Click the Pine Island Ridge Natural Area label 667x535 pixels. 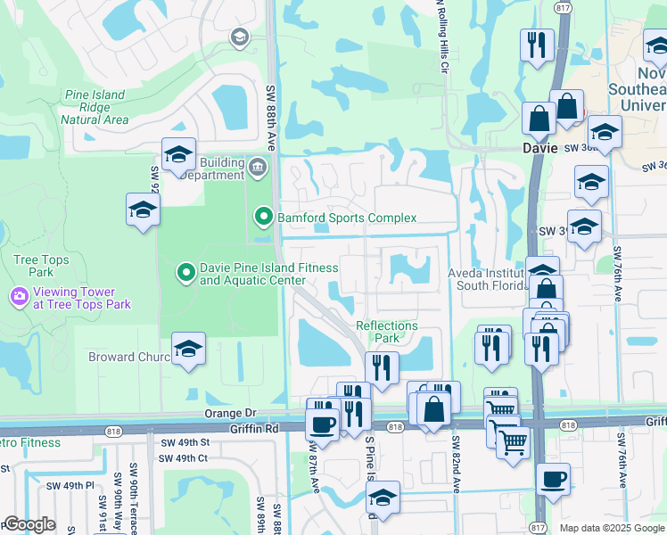pyautogui.click(x=96, y=107)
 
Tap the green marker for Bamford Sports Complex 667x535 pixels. pyautogui.click(x=263, y=217)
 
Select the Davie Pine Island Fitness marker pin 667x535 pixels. pyautogui.click(x=185, y=273)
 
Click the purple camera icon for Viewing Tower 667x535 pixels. pyautogui.click(x=19, y=296)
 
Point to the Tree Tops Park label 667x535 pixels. pyautogui.click(x=35, y=266)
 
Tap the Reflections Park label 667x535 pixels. pyautogui.click(x=387, y=332)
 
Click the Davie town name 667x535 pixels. pyautogui.click(x=540, y=148)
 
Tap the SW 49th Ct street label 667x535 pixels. pyautogui.click(x=184, y=458)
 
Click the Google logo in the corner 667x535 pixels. pyautogui.click(x=30, y=524)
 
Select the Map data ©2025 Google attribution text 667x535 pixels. pyautogui.click(x=612, y=528)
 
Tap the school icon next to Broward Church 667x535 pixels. pyautogui.click(x=188, y=350)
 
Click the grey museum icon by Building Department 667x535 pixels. pyautogui.click(x=258, y=167)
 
